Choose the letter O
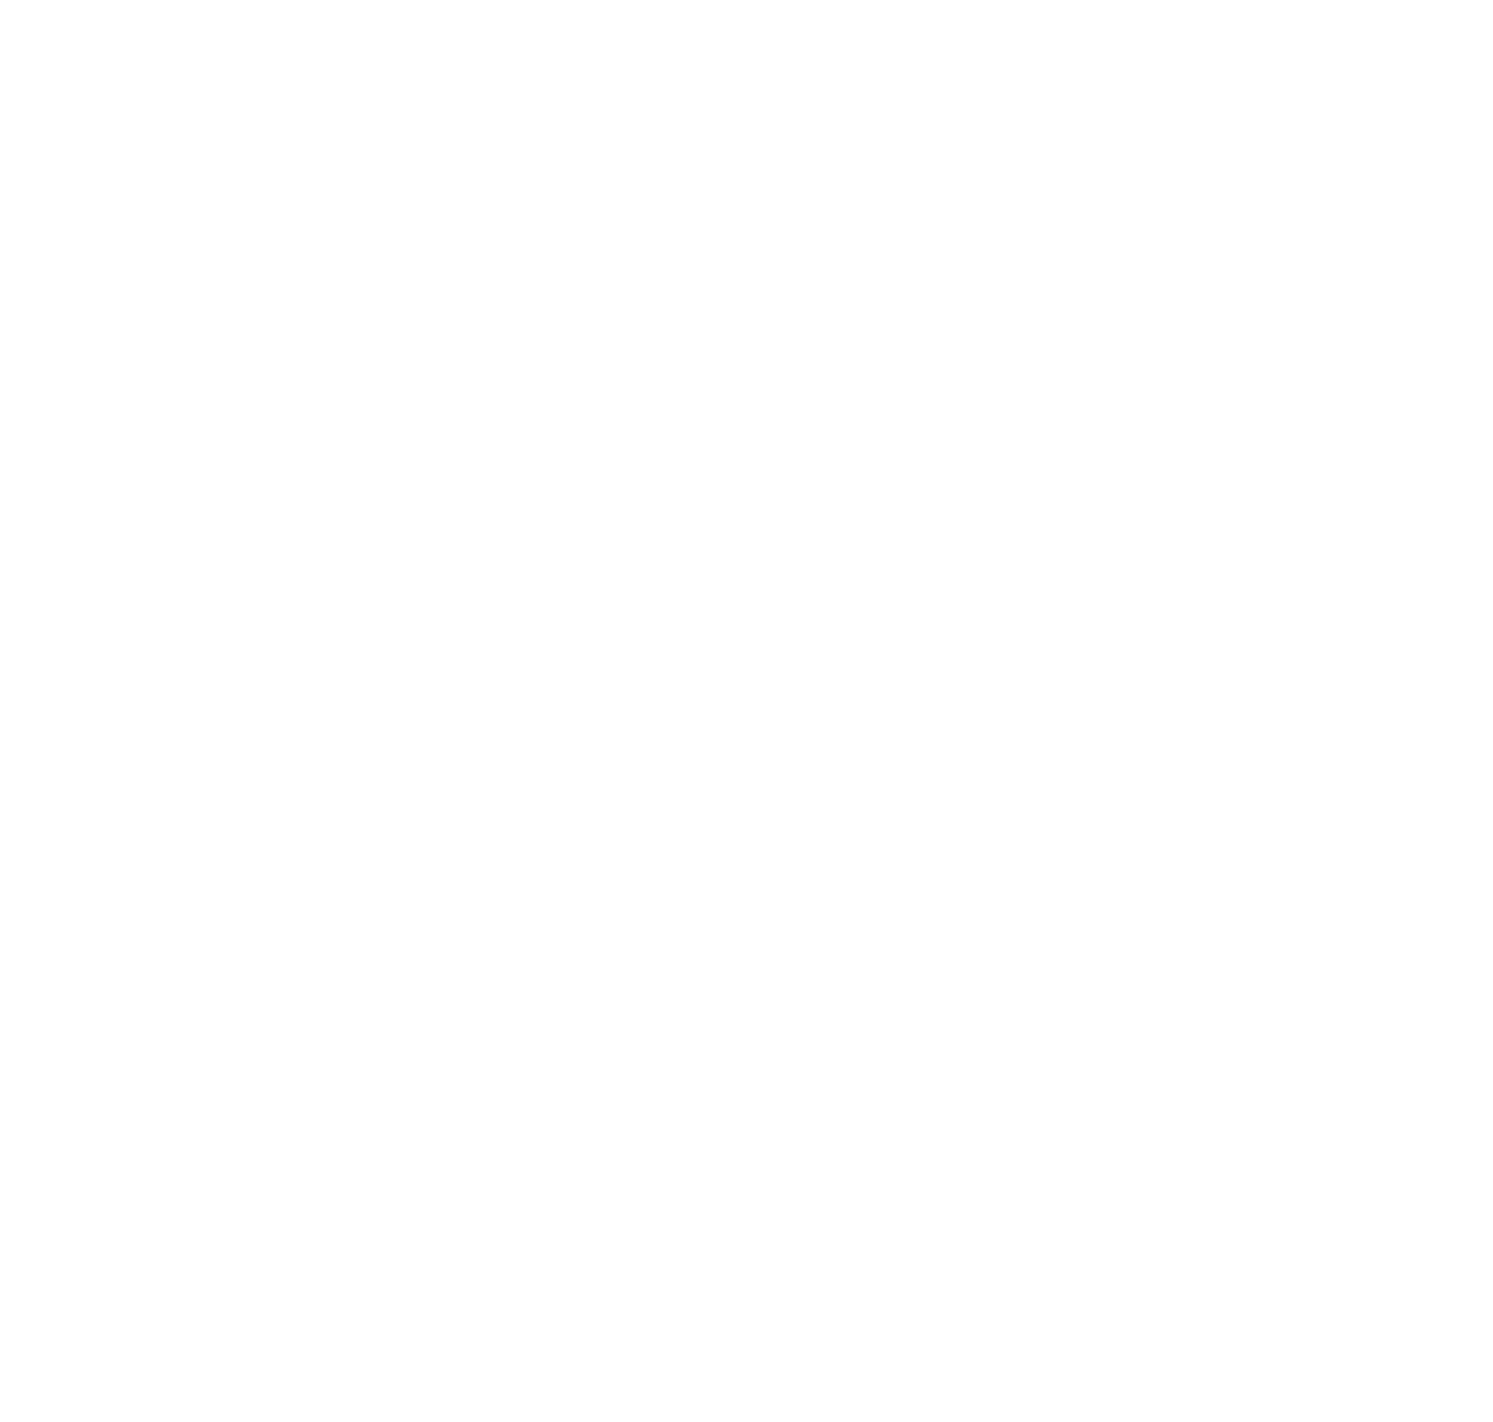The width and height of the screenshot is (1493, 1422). pyautogui.click(x=1365, y=309)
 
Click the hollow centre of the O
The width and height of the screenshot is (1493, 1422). pyautogui.click(x=1365, y=309)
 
